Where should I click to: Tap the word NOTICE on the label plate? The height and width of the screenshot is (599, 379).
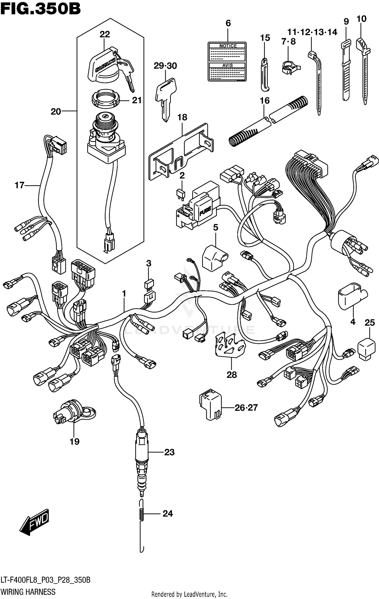click(228, 46)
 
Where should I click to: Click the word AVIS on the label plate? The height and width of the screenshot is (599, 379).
click(227, 65)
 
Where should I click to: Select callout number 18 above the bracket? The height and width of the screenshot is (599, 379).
click(182, 117)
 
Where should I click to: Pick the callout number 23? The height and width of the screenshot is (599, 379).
click(169, 452)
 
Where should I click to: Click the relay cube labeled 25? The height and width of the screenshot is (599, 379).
click(366, 350)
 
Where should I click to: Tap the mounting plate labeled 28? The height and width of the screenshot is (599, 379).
click(229, 345)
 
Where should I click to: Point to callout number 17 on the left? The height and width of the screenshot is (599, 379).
click(19, 185)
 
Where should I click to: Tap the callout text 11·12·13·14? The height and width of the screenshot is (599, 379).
click(312, 32)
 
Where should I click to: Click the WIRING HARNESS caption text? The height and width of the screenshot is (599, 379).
click(28, 592)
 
